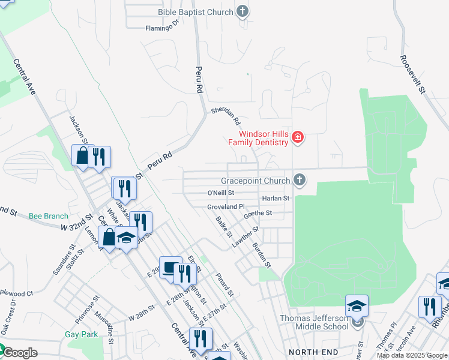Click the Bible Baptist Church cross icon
click(x=242, y=11)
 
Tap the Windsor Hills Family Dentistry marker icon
click(x=297, y=139)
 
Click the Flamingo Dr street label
click(x=162, y=26)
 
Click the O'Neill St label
click(x=220, y=193)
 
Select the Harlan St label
click(x=276, y=198)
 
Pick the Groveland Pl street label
click(x=226, y=206)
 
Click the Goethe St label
click(x=258, y=213)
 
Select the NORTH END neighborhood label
click(x=310, y=352)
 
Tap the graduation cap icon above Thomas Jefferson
click(x=357, y=307)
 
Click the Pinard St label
click(x=224, y=284)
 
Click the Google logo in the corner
click(x=19, y=353)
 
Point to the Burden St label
click(x=262, y=254)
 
